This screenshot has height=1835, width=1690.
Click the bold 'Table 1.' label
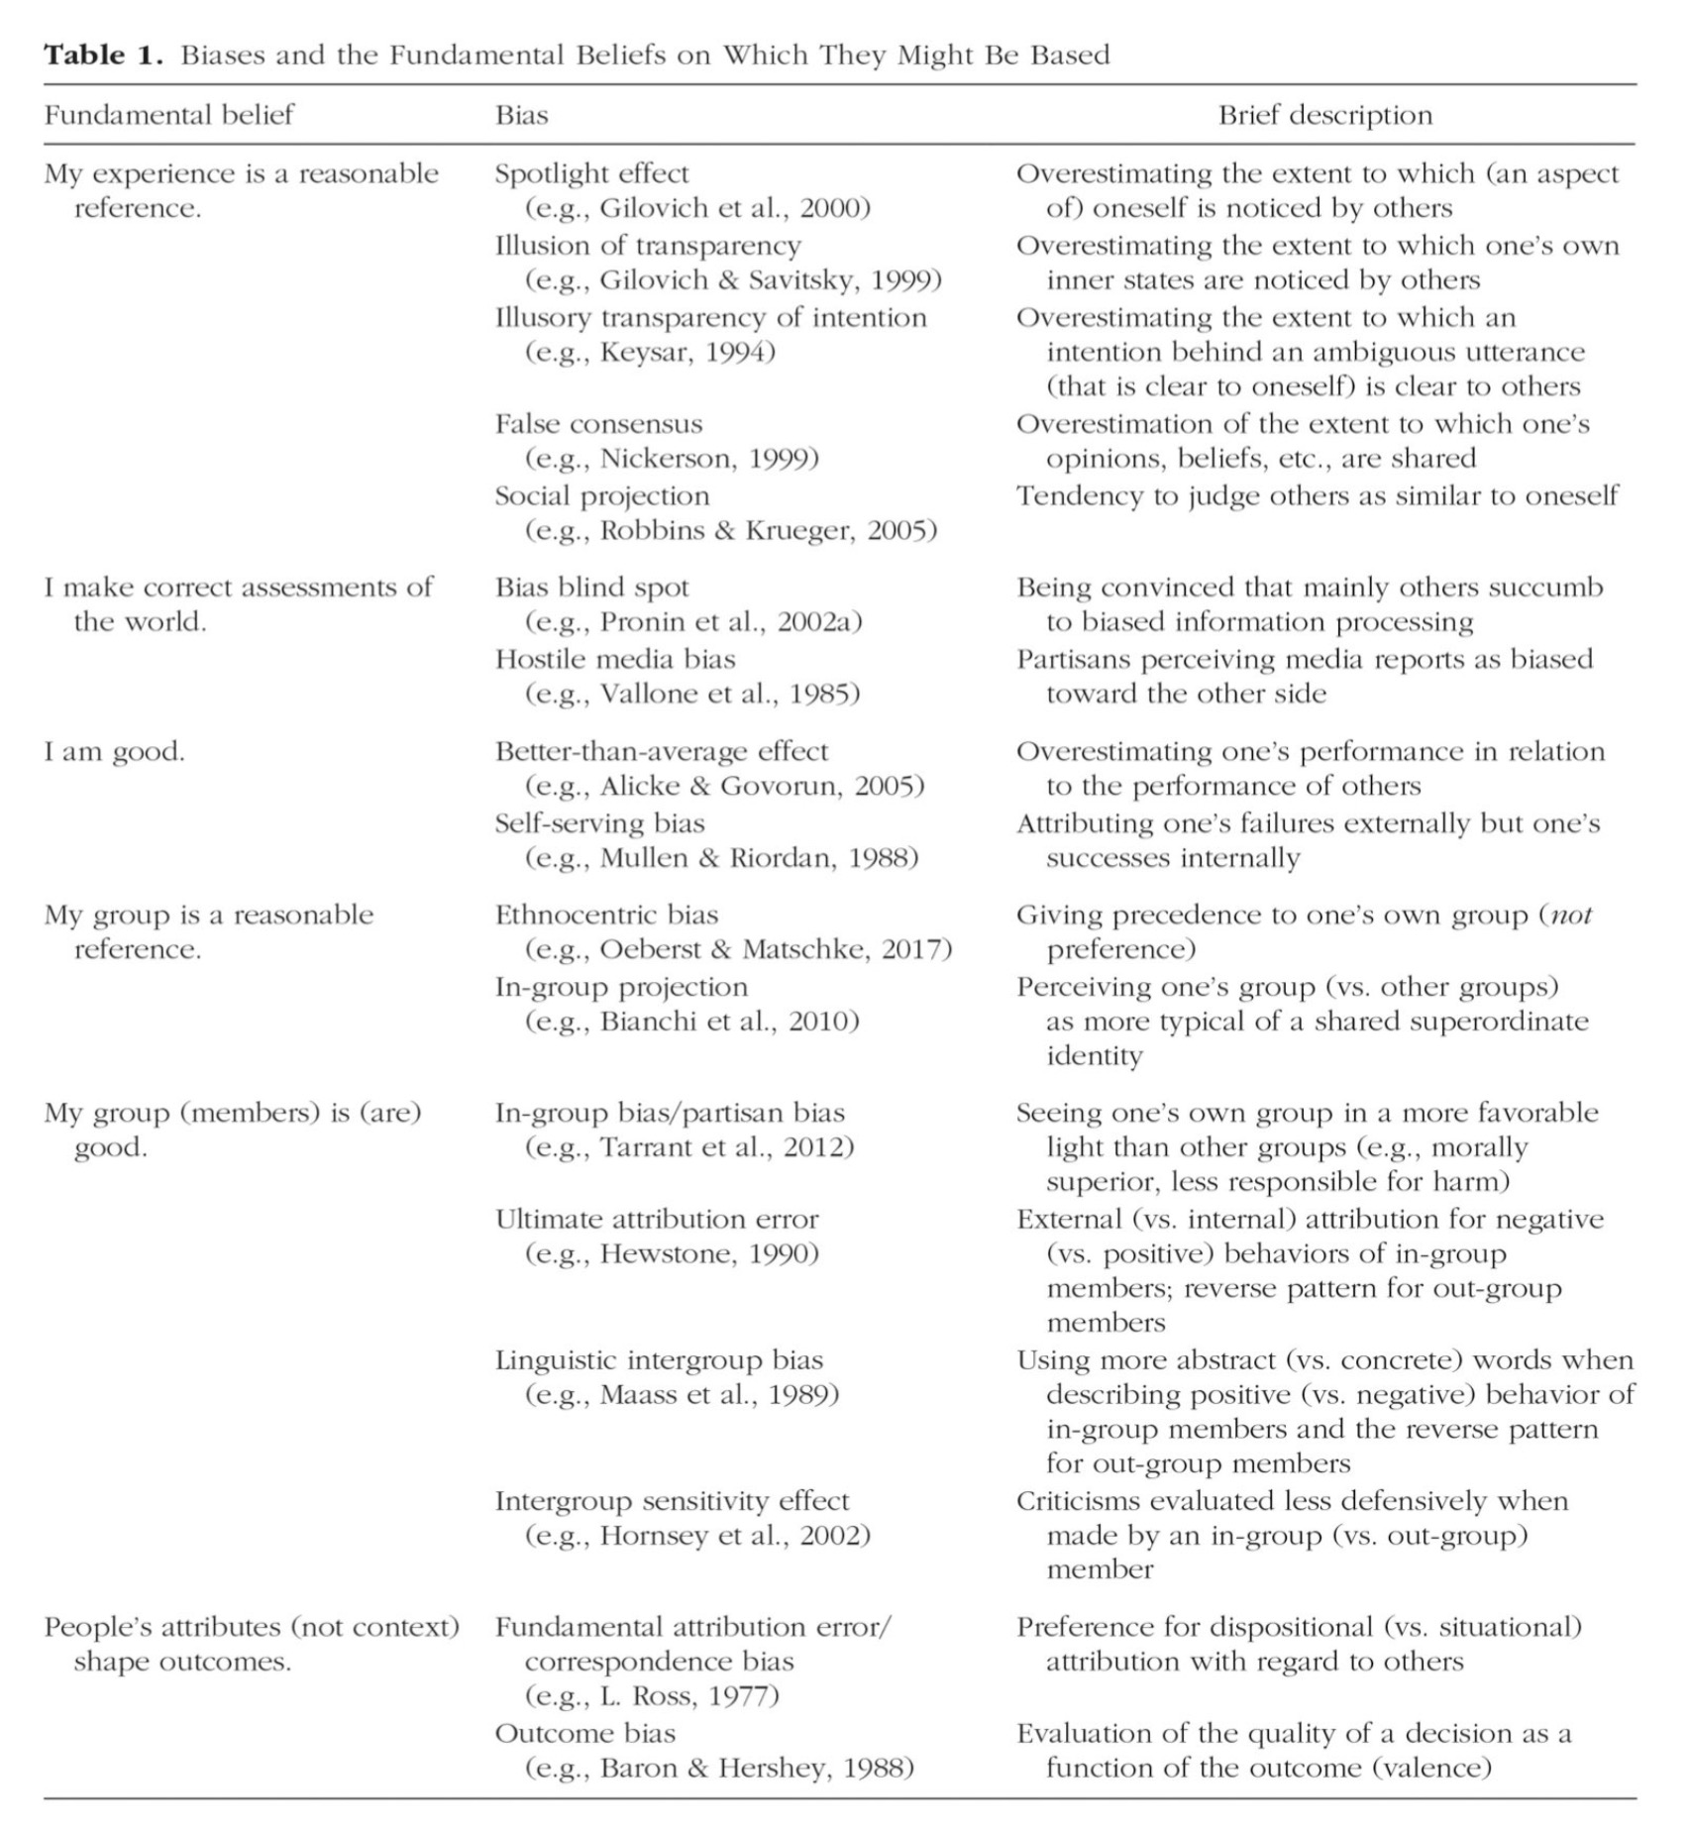coord(102,54)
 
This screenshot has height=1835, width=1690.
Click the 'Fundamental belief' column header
coord(169,115)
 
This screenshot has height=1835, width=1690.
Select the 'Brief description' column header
coord(1324,115)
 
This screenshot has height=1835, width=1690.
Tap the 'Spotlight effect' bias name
coord(591,173)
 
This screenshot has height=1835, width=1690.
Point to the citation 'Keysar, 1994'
coord(687,352)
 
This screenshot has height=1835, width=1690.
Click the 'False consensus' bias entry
coord(598,424)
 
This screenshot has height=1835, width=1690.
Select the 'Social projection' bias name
coord(602,495)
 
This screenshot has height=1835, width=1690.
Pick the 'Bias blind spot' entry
coord(591,588)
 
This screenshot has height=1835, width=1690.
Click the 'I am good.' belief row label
coord(114,751)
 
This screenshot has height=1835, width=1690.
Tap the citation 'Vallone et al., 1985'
coord(729,694)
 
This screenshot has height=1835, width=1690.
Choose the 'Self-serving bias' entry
coord(599,823)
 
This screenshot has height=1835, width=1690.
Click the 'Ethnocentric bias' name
coord(606,915)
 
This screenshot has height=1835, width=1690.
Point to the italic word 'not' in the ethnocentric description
coord(1571,915)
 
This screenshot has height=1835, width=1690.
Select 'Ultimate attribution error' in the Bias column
coord(657,1219)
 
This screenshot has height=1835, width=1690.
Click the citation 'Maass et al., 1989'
coord(718,1395)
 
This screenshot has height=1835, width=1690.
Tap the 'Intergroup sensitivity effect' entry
coord(672,1501)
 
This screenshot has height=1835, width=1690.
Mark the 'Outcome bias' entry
coord(584,1733)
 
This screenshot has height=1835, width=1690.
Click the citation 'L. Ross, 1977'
coord(688,1696)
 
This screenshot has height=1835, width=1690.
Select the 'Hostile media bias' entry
coord(615,659)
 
